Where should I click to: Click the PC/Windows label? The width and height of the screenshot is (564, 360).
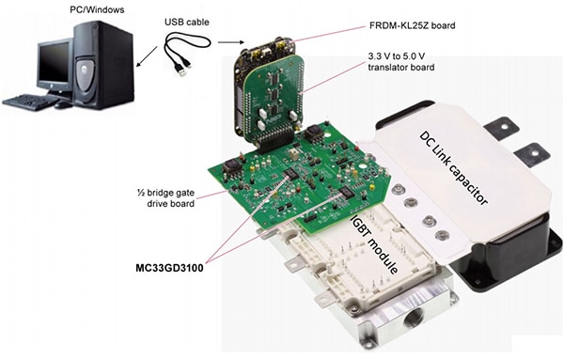(97, 9)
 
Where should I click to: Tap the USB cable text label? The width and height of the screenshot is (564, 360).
(187, 23)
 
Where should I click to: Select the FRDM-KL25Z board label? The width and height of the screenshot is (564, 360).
(413, 26)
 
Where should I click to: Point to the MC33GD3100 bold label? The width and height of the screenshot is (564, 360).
(169, 268)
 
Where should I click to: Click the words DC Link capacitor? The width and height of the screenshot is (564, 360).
(454, 168)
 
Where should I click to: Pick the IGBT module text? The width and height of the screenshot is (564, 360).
(374, 243)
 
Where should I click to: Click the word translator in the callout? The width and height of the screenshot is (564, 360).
(386, 68)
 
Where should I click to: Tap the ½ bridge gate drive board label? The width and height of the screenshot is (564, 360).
(165, 198)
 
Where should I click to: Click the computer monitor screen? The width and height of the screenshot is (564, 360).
(54, 67)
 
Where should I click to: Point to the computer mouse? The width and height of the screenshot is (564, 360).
(63, 104)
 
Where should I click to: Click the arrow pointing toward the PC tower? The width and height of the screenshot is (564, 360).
(147, 56)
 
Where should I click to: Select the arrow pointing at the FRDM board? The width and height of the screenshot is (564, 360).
(231, 42)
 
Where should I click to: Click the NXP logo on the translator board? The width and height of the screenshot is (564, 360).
(272, 122)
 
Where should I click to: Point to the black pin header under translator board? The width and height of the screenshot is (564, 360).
(274, 143)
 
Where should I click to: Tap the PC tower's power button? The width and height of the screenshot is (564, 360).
(95, 27)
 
